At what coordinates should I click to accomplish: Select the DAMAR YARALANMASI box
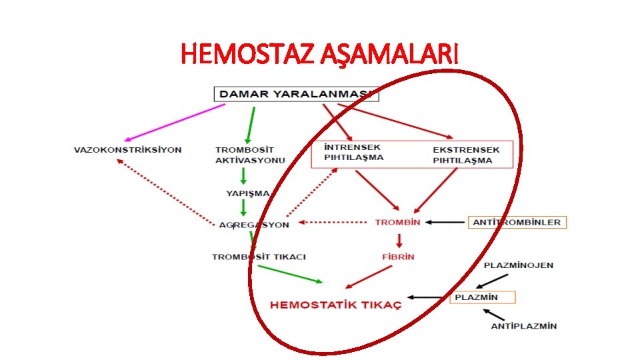coord(296,94)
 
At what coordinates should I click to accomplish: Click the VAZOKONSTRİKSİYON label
coord(127,149)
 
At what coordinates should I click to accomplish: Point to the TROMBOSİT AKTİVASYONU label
coord(249,155)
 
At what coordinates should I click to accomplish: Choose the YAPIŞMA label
coord(247,193)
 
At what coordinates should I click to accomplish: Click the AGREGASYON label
coord(254,225)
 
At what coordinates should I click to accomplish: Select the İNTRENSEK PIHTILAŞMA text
coord(353,153)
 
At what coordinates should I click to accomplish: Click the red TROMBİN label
coord(397,222)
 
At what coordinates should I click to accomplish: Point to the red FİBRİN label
coord(398,256)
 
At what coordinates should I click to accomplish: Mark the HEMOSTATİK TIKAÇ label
coord(335,305)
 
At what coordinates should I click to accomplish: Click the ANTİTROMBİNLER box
coord(517,222)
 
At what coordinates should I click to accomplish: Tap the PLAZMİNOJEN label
coord(518,265)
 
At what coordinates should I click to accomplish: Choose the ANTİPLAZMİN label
coord(523,326)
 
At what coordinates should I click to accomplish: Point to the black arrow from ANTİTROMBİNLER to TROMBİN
coord(447,222)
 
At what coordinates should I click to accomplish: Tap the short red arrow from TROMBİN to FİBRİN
coord(398,239)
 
